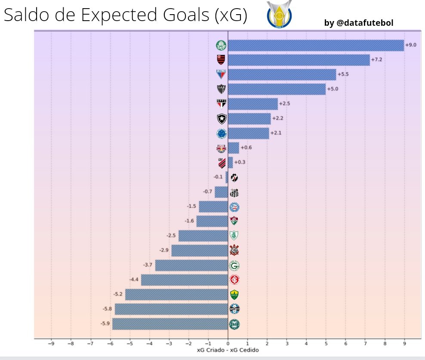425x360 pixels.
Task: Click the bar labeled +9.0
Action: click(x=316, y=45)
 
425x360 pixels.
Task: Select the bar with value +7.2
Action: click(x=299, y=60)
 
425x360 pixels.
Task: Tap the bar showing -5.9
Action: click(x=170, y=324)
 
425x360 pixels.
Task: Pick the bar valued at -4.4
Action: click(x=184, y=280)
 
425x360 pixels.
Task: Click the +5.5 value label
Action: click(x=343, y=74)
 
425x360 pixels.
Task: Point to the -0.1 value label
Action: click(x=218, y=177)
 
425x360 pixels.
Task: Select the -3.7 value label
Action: click(x=148, y=265)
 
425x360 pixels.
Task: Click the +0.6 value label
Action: click(x=246, y=148)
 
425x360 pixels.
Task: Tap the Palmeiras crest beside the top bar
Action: click(x=221, y=45)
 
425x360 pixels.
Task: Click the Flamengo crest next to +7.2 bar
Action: click(x=221, y=60)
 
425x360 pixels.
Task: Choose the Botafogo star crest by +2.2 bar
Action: click(x=221, y=119)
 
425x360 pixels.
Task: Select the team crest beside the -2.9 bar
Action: click(x=234, y=250)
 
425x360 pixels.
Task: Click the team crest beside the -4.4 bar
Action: click(x=234, y=280)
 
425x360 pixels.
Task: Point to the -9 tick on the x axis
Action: click(x=51, y=344)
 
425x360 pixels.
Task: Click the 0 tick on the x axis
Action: click(x=228, y=344)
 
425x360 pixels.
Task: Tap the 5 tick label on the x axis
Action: click(x=326, y=344)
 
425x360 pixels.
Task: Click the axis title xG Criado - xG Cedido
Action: click(x=228, y=350)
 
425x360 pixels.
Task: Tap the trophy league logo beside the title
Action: click(x=279, y=15)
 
